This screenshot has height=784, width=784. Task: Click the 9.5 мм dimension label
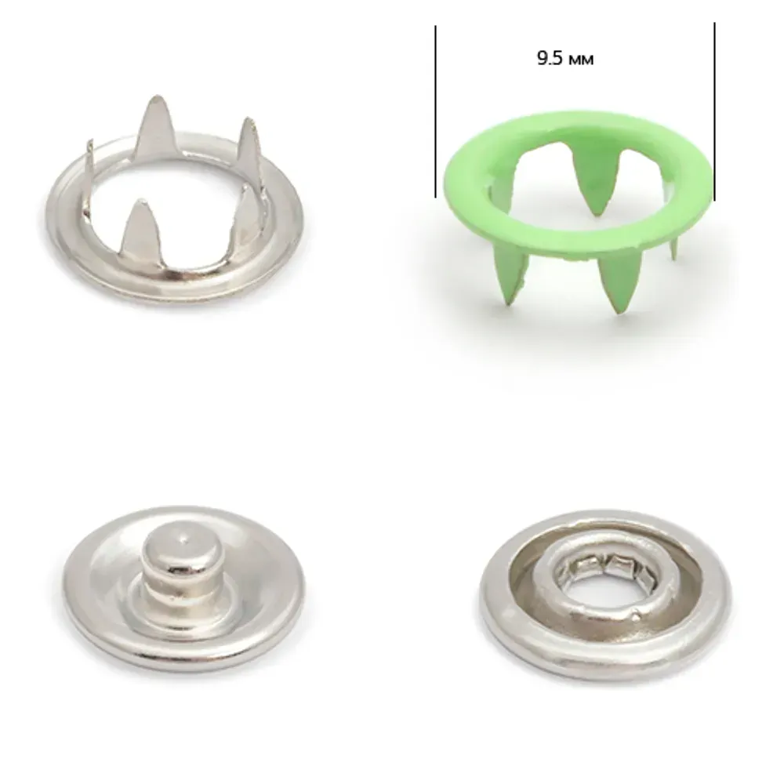point(565,59)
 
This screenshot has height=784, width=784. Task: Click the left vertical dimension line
point(435,111)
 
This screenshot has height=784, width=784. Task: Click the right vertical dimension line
point(714,111)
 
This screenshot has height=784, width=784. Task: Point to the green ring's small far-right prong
point(675,249)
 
